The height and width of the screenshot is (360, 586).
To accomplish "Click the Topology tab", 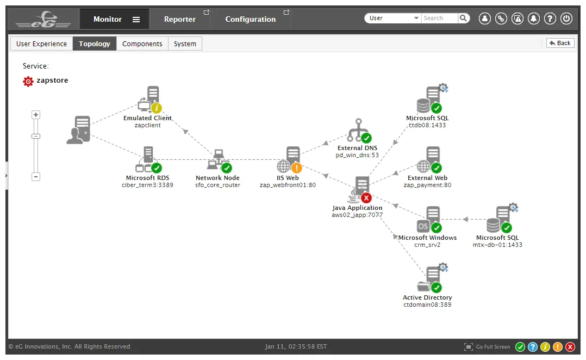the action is [x=95, y=44].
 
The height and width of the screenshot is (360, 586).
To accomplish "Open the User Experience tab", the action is [x=41, y=44].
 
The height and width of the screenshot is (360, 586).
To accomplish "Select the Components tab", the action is [x=142, y=44].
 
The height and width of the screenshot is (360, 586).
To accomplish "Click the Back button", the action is [x=560, y=43].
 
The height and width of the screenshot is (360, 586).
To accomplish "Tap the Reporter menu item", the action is [x=180, y=19].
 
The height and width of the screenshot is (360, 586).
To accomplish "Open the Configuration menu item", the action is [x=251, y=19].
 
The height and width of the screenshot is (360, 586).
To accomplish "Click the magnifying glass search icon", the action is [x=463, y=18].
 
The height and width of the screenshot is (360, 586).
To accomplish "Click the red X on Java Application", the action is [x=366, y=198].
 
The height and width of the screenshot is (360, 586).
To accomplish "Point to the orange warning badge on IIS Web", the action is [x=296, y=168].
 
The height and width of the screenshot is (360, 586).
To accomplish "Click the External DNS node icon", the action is [x=358, y=130].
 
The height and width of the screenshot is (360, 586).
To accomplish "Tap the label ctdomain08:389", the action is [x=427, y=305].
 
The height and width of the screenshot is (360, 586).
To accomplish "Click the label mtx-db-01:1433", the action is [x=497, y=245].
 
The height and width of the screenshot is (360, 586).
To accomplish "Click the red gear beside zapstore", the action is [x=28, y=81].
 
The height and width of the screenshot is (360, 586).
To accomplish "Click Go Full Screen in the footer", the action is [x=487, y=347].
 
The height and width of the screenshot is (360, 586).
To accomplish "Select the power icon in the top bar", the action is [x=566, y=18].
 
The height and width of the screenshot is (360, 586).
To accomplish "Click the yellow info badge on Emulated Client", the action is [x=156, y=108].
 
